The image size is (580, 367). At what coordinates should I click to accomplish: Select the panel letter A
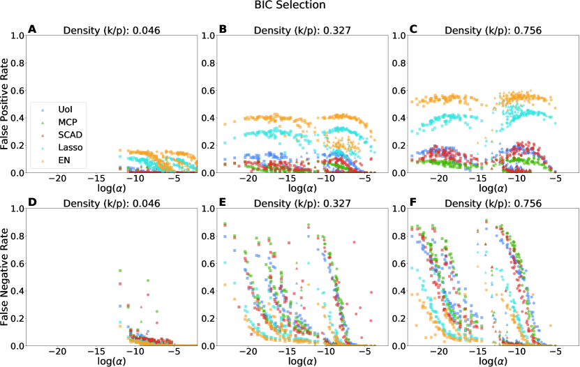pos(31,29)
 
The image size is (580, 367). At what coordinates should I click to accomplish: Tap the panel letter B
pos(223,29)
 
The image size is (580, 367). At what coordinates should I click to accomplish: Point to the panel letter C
pos(414,29)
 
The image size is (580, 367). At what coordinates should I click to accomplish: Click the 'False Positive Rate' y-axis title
pos(6,103)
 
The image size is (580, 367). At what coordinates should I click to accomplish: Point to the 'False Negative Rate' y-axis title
pos(6,276)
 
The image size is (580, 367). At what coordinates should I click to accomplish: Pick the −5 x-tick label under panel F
pos(556,352)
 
